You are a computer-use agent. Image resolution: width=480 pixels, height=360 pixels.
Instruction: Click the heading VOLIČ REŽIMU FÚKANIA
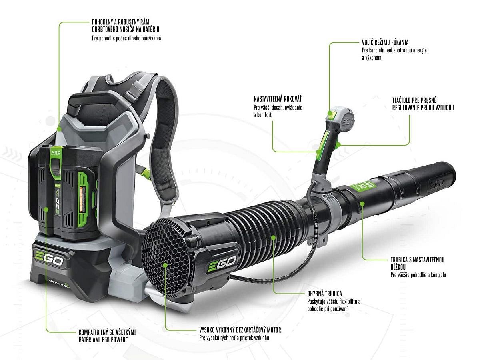[x=385, y=42]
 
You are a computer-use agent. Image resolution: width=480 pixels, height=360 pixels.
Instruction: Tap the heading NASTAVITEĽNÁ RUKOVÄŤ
[x=278, y=99]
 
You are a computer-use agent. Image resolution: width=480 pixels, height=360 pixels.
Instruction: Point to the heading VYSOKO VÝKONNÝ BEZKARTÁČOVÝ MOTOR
[x=240, y=330]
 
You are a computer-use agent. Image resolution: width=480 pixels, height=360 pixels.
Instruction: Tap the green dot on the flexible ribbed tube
[x=273, y=237]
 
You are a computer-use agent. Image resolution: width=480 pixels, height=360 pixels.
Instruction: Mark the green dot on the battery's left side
[x=46, y=209]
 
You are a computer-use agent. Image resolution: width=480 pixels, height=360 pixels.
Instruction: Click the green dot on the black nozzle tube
[x=362, y=204]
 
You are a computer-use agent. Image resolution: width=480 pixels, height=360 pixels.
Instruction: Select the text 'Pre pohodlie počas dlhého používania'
[x=126, y=38]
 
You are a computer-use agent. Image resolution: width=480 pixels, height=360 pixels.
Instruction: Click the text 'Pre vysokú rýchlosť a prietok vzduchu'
[x=234, y=338]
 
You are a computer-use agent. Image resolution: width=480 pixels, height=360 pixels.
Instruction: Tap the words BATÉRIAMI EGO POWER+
[x=104, y=340]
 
